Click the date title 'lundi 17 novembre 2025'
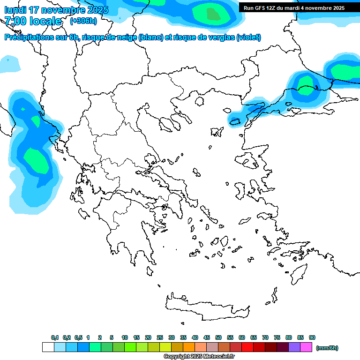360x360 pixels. pyautogui.click(x=56, y=10)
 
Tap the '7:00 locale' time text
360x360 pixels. pyautogui.click(x=33, y=21)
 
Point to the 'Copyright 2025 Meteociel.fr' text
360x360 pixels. pyautogui.click(x=199, y=357)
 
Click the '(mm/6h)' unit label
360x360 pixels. pyautogui.click(x=327, y=348)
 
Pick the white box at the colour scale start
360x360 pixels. pyautogui.click(x=48, y=347)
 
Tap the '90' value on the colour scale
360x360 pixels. pyautogui.click(x=312, y=337)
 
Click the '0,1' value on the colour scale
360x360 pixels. pyautogui.click(x=55, y=337)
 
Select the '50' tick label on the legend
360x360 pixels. pyautogui.click(x=218, y=337)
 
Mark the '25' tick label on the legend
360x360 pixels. pyautogui.click(x=160, y=337)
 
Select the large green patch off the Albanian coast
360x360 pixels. pyautogui.click(x=35, y=159)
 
